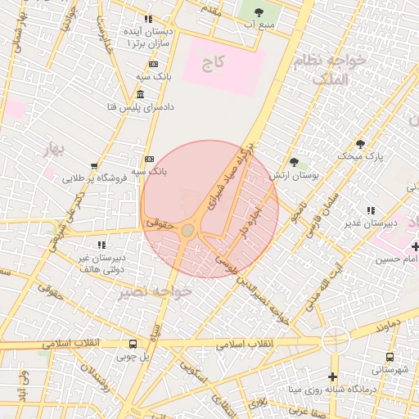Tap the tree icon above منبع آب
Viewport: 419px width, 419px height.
[x=259, y=11]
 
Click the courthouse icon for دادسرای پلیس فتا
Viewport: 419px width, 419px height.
[x=142, y=95]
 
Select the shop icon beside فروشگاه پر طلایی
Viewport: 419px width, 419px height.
[x=95, y=165]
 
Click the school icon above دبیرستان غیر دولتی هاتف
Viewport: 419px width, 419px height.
[x=101, y=244]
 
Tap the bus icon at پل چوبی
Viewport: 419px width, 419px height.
[x=133, y=345]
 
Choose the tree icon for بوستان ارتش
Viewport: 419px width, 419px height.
[x=294, y=162]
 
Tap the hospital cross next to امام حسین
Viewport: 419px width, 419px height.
[x=415, y=246]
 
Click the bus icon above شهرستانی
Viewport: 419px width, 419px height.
[x=390, y=358]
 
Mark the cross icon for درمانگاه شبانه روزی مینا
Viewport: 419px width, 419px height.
[x=331, y=376]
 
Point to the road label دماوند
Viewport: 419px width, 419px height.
[x=389, y=327]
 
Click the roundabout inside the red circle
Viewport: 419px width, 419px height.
[x=188, y=230]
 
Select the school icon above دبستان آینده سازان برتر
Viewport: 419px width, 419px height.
[x=148, y=18]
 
